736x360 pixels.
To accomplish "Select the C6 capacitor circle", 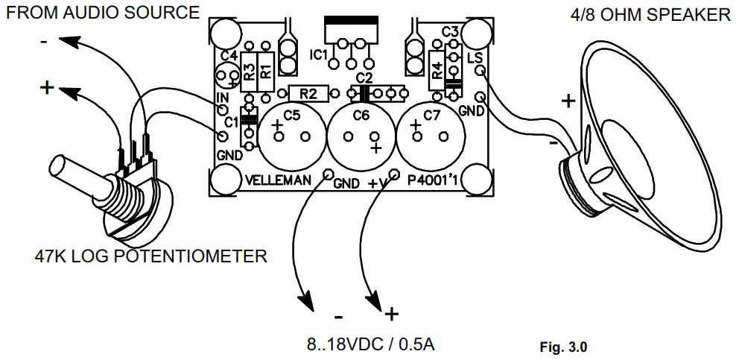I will [x=361, y=135].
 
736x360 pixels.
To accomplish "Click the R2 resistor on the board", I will [x=306, y=93].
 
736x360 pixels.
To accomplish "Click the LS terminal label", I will [x=474, y=57].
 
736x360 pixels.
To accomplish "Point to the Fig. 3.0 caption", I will [x=563, y=347].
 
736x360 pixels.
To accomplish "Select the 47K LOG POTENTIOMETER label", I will [x=150, y=257].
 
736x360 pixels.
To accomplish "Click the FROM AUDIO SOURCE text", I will [x=102, y=13].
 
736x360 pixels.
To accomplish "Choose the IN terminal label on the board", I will [x=222, y=98].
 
